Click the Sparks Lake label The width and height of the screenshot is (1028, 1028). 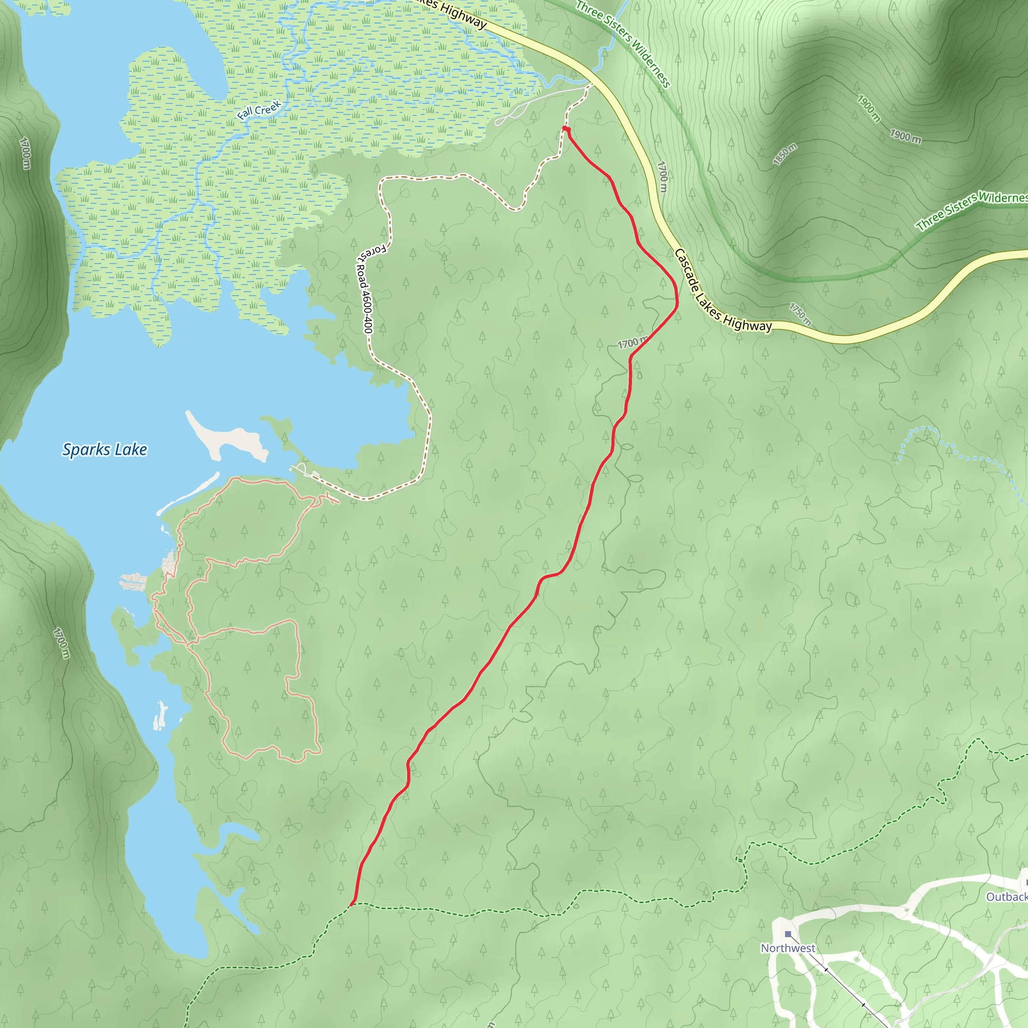coord(105,450)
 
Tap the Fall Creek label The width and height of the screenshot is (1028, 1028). coord(259,110)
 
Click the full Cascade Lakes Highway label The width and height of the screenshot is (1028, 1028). coord(723,291)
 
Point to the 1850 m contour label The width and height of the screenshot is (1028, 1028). coord(785,154)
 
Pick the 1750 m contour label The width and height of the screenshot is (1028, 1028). coord(800,314)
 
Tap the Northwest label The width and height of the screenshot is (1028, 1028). coord(788,948)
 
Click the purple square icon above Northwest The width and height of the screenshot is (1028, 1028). coord(788,934)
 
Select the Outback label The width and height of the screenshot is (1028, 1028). coord(1006,897)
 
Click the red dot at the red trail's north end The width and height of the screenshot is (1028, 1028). coord(566,130)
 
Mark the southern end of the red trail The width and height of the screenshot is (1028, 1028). coord(352,903)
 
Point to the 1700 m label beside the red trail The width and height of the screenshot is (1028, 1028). coord(632,343)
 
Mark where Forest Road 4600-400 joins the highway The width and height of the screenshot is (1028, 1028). coord(591,85)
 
